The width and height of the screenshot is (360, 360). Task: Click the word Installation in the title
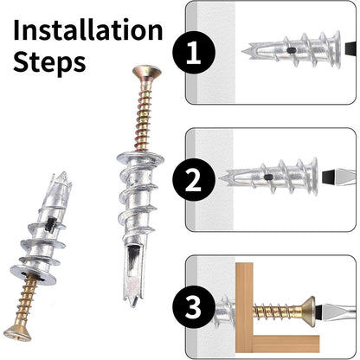point(88,29)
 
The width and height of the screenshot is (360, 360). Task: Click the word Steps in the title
point(49,62)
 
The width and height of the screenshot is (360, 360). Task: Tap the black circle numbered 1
point(194,53)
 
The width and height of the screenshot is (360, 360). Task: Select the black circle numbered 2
point(194,180)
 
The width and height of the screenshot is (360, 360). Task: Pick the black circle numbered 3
point(194,306)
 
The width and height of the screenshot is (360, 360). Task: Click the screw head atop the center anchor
point(147,72)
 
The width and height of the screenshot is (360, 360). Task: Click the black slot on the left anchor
point(50,224)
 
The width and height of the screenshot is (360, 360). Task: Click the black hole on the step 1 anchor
point(292,50)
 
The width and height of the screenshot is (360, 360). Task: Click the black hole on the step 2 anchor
point(268,177)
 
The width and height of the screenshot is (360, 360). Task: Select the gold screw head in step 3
point(308,312)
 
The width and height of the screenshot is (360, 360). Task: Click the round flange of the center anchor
point(140,158)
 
